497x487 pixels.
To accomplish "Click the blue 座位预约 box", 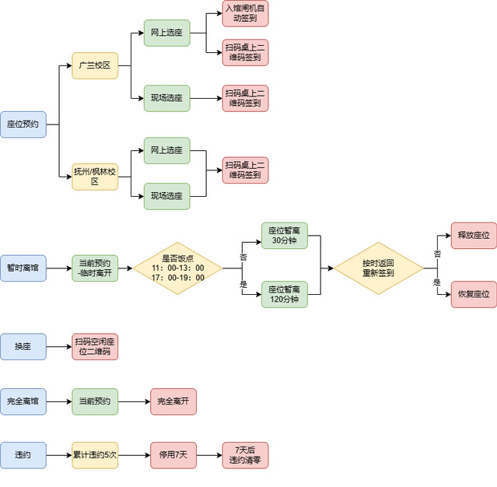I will (x=23, y=124).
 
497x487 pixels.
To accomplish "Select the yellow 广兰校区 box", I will (x=94, y=66).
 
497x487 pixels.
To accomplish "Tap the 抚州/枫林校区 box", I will (x=94, y=177).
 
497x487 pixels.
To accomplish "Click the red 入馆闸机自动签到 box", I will (x=245, y=13).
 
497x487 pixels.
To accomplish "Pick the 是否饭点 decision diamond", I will (x=178, y=268).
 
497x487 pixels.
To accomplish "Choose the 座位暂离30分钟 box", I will (x=284, y=235).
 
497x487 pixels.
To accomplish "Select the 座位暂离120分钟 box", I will (x=284, y=294).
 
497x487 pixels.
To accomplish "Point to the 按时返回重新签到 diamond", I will (x=378, y=268).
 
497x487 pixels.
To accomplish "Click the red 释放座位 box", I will (x=474, y=235).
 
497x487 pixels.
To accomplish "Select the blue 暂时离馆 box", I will (x=23, y=268).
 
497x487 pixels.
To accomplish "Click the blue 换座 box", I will (x=23, y=347).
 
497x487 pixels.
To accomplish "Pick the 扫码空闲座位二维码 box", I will (x=95, y=347).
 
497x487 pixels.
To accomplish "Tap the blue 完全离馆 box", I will (x=23, y=402).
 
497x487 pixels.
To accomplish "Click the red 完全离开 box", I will (x=173, y=402).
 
